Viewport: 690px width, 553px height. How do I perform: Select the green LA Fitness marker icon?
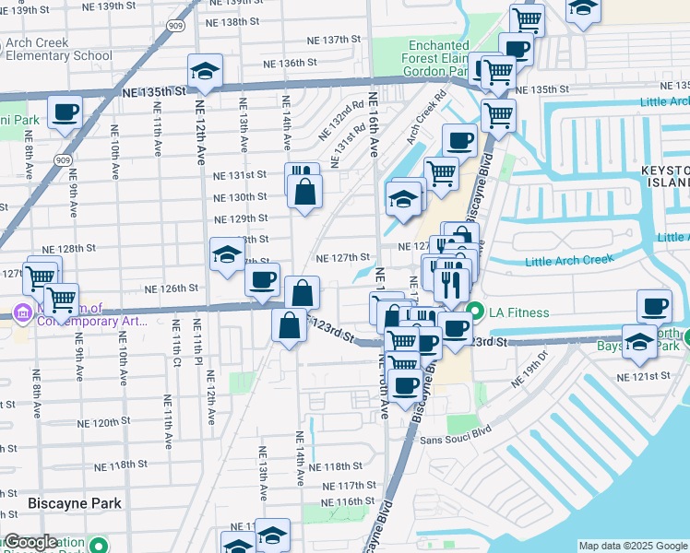[476, 312]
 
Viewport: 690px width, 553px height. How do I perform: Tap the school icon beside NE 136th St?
[206, 71]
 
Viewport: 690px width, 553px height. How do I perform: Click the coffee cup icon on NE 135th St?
[65, 112]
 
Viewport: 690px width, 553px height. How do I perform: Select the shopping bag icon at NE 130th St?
[304, 191]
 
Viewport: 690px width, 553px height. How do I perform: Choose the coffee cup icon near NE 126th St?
[263, 278]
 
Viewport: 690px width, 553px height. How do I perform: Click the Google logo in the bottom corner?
[30, 542]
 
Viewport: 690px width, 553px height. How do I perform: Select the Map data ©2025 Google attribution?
[633, 546]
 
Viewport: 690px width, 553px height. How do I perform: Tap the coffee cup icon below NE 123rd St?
[404, 383]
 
